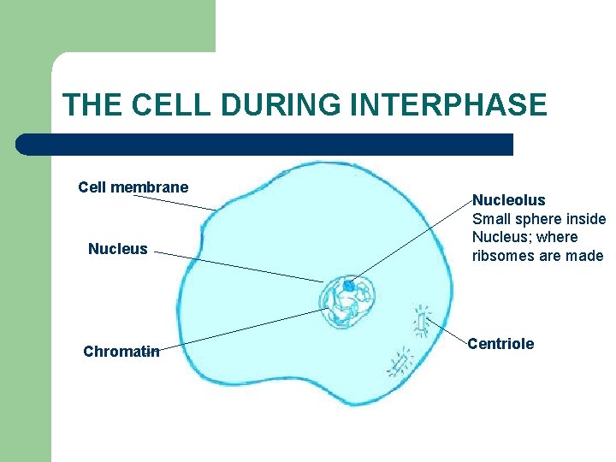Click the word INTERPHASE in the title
click(x=448, y=105)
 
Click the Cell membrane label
click(x=133, y=187)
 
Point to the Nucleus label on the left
click(x=118, y=249)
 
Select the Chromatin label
click(x=121, y=351)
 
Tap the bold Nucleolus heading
click(x=508, y=200)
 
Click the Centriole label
click(x=500, y=344)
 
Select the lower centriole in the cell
click(x=399, y=364)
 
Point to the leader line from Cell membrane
click(x=175, y=202)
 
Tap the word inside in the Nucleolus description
click(x=585, y=219)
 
